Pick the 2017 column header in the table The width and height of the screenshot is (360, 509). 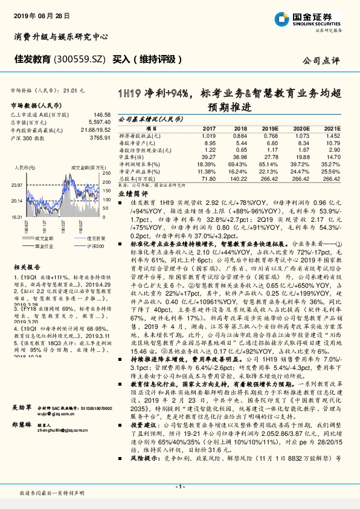209,129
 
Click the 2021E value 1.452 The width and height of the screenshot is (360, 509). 331,136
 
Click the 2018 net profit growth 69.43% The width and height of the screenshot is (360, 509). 238,164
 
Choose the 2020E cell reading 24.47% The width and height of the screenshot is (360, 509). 300,171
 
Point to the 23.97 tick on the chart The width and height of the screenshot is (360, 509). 16,185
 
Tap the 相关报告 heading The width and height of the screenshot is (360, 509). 27,267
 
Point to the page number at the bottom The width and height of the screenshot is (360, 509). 179,486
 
